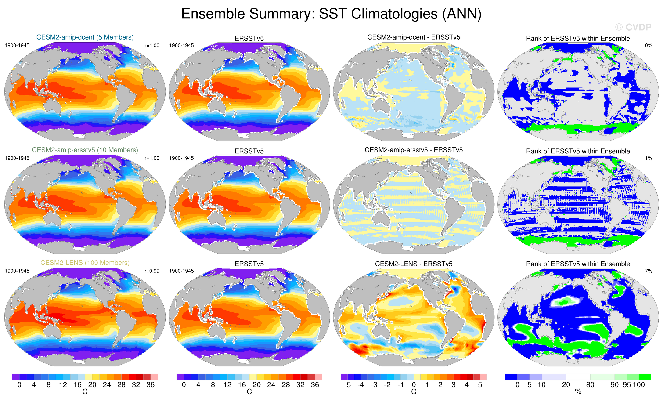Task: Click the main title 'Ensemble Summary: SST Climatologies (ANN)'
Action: tap(331, 14)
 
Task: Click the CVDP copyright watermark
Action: tap(633, 27)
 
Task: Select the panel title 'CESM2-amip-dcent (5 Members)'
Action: tap(85, 37)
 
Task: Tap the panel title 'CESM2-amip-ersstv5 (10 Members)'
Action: tap(85, 150)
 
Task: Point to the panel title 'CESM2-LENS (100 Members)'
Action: tap(85, 263)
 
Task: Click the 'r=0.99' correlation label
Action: tap(152, 271)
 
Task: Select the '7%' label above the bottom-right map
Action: tap(649, 271)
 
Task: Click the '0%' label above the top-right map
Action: tap(649, 45)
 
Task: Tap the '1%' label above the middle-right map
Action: tap(649, 158)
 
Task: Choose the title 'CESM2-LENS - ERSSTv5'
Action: tap(414, 264)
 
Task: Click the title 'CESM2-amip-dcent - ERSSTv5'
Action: tap(414, 37)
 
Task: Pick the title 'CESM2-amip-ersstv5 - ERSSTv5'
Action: tap(414, 150)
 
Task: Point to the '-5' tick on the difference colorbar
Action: tap(347, 385)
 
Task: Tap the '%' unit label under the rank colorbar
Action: tap(578, 392)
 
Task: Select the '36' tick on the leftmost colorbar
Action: tap(150, 385)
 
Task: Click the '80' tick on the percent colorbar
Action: tap(590, 385)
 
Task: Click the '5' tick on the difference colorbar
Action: tap(480, 385)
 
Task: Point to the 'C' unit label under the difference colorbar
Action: tap(414, 392)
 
